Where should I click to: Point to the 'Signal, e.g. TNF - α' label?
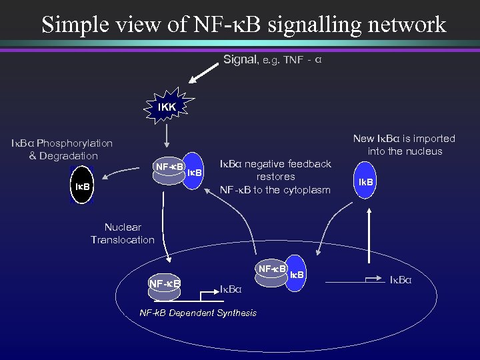click(x=273, y=60)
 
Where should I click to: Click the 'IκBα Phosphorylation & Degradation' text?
click(x=61, y=149)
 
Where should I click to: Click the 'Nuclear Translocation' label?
click(x=122, y=233)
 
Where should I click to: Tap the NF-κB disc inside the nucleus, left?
click(x=165, y=285)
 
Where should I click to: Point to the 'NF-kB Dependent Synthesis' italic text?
click(x=197, y=313)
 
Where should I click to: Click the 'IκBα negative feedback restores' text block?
click(x=275, y=177)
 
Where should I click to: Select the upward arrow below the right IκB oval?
click(x=367, y=231)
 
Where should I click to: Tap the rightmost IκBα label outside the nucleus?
click(x=401, y=279)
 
